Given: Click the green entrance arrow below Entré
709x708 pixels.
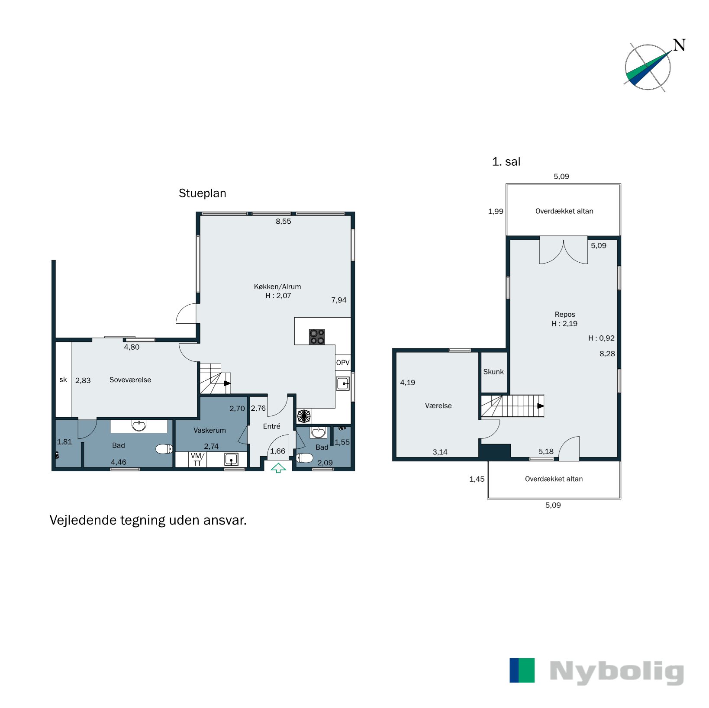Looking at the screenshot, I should click(278, 468).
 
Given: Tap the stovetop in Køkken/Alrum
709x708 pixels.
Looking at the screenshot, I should click(317, 337).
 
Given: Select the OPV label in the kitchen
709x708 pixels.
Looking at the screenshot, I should click(343, 363).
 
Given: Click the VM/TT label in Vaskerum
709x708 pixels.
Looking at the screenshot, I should click(197, 460).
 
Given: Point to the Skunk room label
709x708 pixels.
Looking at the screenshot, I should click(493, 372).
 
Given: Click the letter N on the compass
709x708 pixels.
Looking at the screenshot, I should click(679, 45).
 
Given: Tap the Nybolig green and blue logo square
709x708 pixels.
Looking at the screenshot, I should click(522, 670).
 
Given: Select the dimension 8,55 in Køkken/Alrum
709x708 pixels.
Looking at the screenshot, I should click(284, 222).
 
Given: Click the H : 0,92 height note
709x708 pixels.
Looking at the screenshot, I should click(601, 338).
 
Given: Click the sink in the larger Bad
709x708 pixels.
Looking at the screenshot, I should click(139, 426).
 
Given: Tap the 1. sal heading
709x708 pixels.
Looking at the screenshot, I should click(506, 162).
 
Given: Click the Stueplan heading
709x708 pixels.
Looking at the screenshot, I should click(202, 193).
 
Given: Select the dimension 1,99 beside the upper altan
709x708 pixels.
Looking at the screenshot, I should click(496, 212).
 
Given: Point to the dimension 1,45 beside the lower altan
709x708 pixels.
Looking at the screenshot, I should click(477, 479).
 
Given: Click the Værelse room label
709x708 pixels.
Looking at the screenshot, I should click(438, 406).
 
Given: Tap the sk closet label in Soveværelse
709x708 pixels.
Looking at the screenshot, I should click(63, 380).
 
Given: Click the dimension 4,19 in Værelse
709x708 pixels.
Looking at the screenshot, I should click(407, 383).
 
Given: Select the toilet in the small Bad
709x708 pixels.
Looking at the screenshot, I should click(305, 458).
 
